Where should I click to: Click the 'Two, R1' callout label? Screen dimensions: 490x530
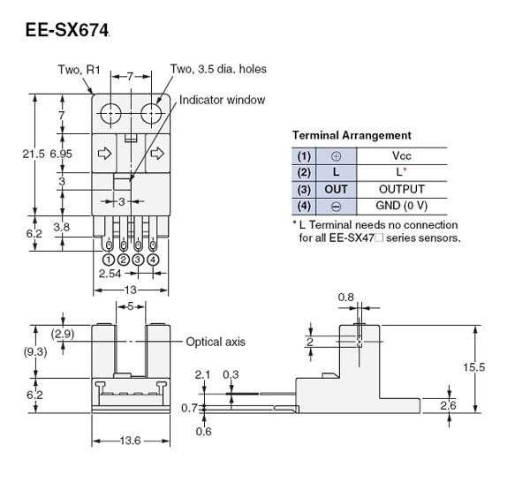[x=79, y=68]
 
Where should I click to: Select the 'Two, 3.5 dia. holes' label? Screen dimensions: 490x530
[x=218, y=68]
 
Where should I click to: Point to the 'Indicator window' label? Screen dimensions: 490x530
[x=222, y=100]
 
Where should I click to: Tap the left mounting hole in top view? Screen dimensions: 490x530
[x=110, y=114]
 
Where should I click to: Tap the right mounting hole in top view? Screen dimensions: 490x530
[x=152, y=114]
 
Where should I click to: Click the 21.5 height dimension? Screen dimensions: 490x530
[x=33, y=154]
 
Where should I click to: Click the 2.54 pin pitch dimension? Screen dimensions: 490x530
[x=110, y=275]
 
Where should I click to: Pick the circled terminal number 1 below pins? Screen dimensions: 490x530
[x=108, y=260]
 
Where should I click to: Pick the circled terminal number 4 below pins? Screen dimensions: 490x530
[x=153, y=260]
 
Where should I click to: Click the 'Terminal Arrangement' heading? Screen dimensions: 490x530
[x=351, y=135]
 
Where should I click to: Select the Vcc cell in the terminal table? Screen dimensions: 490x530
[x=401, y=155]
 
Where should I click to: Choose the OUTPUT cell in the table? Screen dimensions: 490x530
[x=401, y=189]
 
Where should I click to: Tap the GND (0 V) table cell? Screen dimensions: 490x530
[x=401, y=206]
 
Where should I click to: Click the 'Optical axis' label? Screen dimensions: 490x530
[x=215, y=342]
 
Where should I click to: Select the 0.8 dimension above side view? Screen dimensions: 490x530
[x=347, y=298]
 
